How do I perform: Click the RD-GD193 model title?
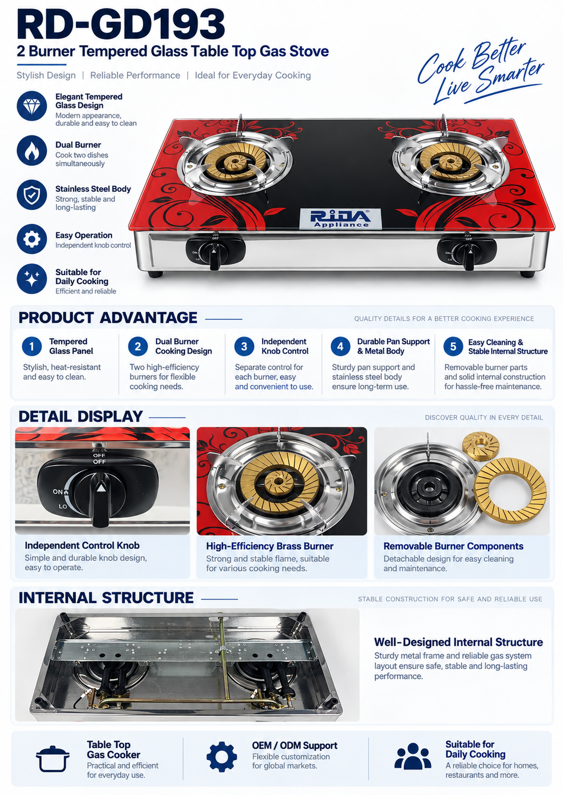click(121, 25)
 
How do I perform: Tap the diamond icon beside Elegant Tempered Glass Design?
click(32, 106)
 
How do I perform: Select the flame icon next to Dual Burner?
click(32, 151)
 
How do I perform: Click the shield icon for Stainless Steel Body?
click(32, 195)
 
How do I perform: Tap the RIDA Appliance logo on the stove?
click(340, 218)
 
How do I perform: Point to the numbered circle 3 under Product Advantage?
click(244, 346)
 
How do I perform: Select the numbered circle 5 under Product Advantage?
click(453, 346)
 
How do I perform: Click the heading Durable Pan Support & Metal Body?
click(393, 346)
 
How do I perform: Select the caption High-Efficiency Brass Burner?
click(270, 546)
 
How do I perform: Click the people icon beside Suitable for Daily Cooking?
click(413, 756)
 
